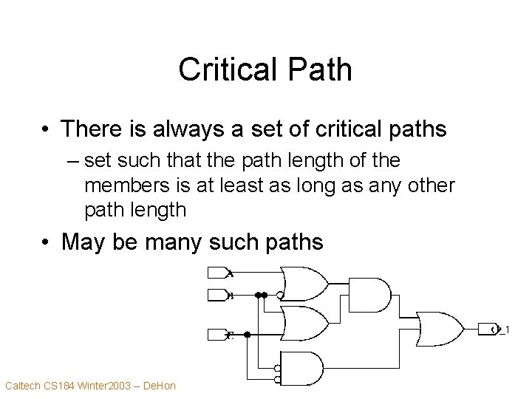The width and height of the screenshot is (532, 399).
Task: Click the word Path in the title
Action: coord(318,69)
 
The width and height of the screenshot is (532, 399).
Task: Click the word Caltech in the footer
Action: coord(23,385)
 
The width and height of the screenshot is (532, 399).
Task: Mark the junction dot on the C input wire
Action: coord(247,335)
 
